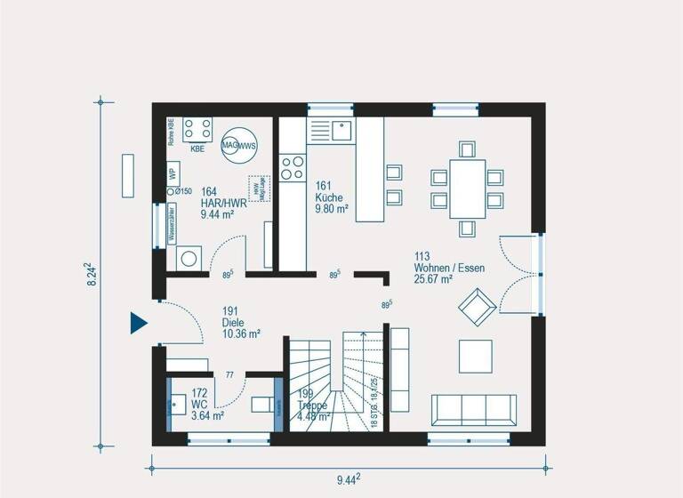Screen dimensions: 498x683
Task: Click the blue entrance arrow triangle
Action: tap(137, 323)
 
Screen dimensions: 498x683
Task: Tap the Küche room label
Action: tap(331, 197)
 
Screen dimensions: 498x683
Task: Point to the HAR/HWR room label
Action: tap(217, 203)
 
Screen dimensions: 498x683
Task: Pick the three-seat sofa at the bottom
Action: tap(474, 410)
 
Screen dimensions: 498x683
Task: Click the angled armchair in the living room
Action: tap(475, 306)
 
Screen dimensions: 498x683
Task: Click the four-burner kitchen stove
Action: tap(292, 167)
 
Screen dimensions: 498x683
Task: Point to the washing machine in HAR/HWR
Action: tap(189, 259)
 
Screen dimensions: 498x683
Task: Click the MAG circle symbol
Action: tap(229, 145)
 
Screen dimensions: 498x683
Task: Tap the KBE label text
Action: tap(197, 149)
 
